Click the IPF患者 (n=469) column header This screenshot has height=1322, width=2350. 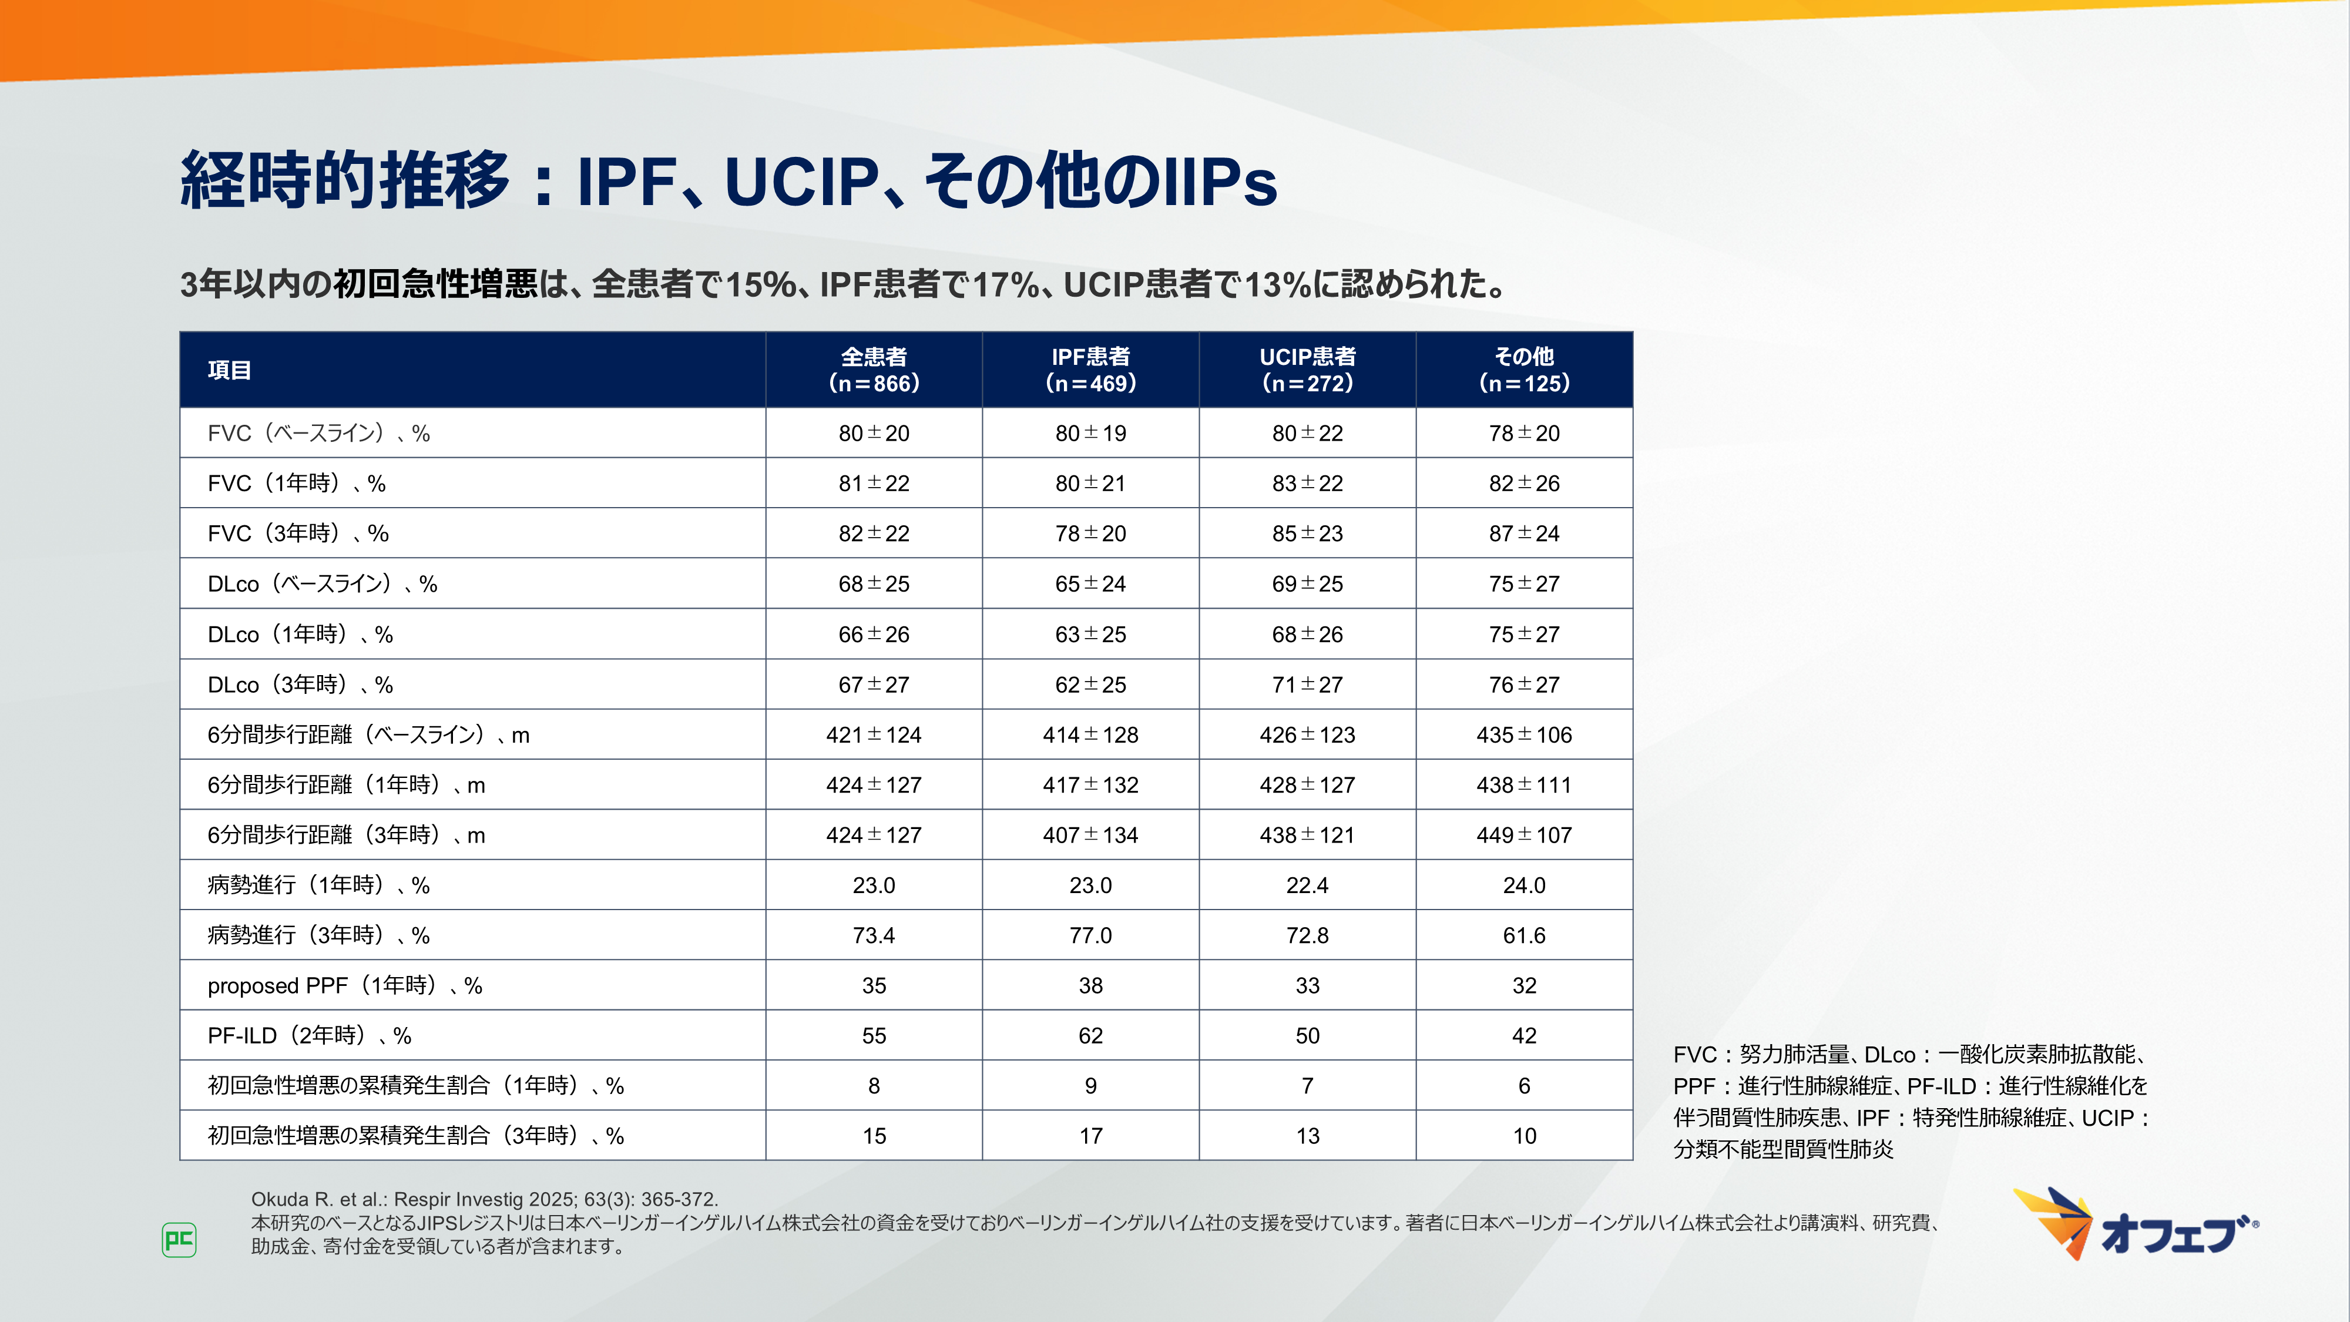click(x=1090, y=370)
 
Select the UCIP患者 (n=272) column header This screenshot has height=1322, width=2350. click(x=1307, y=370)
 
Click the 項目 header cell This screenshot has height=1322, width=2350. click(x=229, y=370)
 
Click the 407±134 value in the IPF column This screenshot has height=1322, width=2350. click(x=1090, y=835)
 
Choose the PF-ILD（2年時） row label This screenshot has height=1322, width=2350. click(x=309, y=1035)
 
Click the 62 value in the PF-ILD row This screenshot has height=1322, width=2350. click(x=1090, y=1035)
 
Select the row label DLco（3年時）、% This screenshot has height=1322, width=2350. click(x=300, y=685)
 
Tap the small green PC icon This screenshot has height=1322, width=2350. click(x=179, y=1240)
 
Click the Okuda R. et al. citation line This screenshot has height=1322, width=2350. click(x=485, y=1199)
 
